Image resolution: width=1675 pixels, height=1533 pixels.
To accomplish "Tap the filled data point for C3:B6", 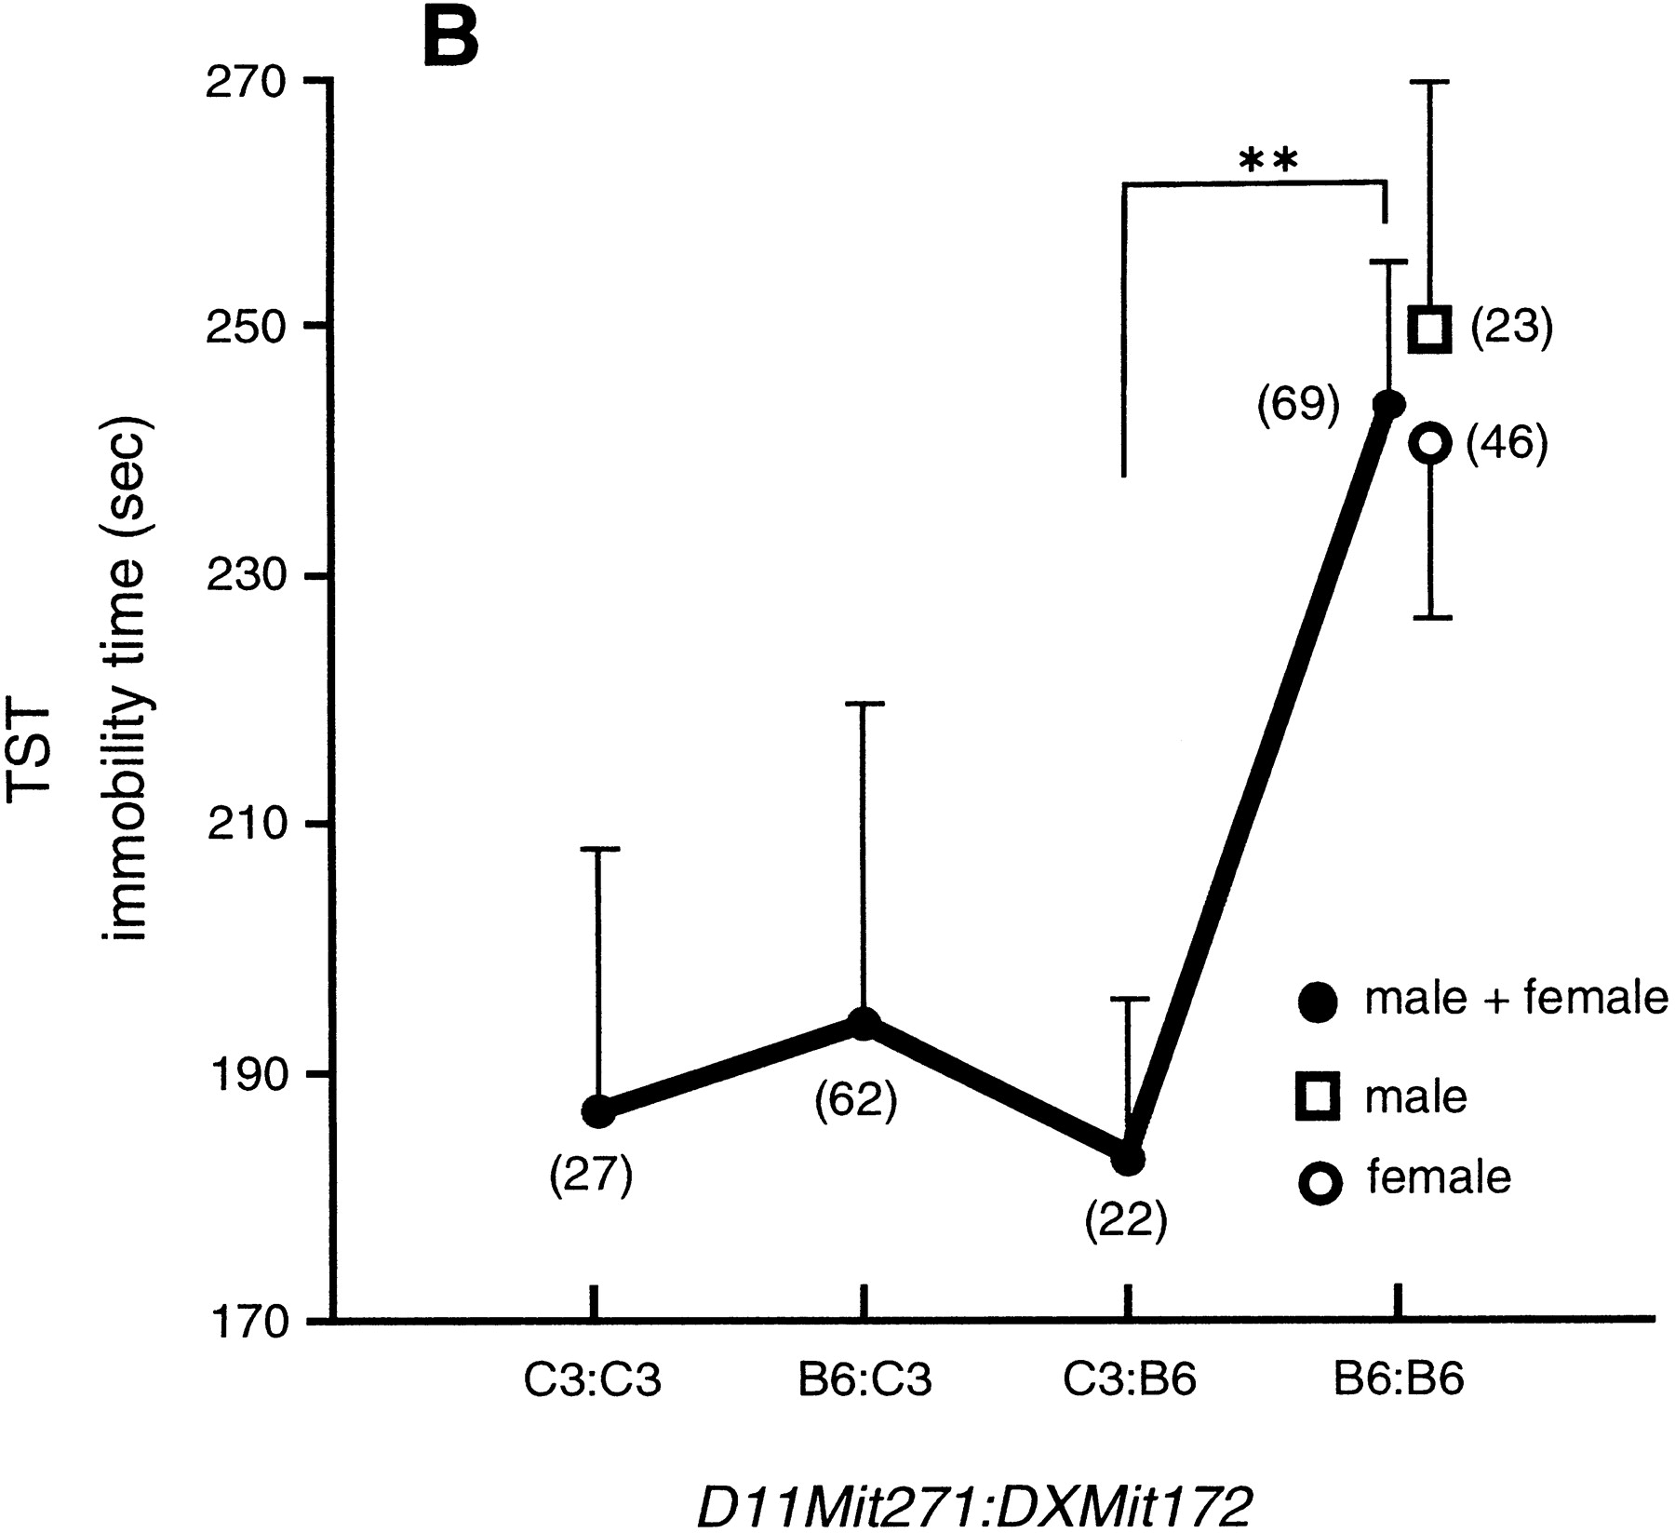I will click(1128, 1160).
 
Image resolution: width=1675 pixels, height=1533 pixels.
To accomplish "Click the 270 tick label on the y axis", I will click(248, 82).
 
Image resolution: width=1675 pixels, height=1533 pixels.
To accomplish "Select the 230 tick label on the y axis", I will click(248, 577).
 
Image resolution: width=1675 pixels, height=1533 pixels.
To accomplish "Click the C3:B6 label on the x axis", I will click(1129, 1380).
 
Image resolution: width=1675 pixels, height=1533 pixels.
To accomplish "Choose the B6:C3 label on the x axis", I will click(864, 1380).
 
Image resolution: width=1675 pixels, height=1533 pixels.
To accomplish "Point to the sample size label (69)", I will click(1298, 405).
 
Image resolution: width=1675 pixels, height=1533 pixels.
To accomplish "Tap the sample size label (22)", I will click(1125, 1221).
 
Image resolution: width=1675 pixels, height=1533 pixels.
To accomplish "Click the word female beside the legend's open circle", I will click(1438, 1177).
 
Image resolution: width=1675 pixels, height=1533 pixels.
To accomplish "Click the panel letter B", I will click(450, 37).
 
